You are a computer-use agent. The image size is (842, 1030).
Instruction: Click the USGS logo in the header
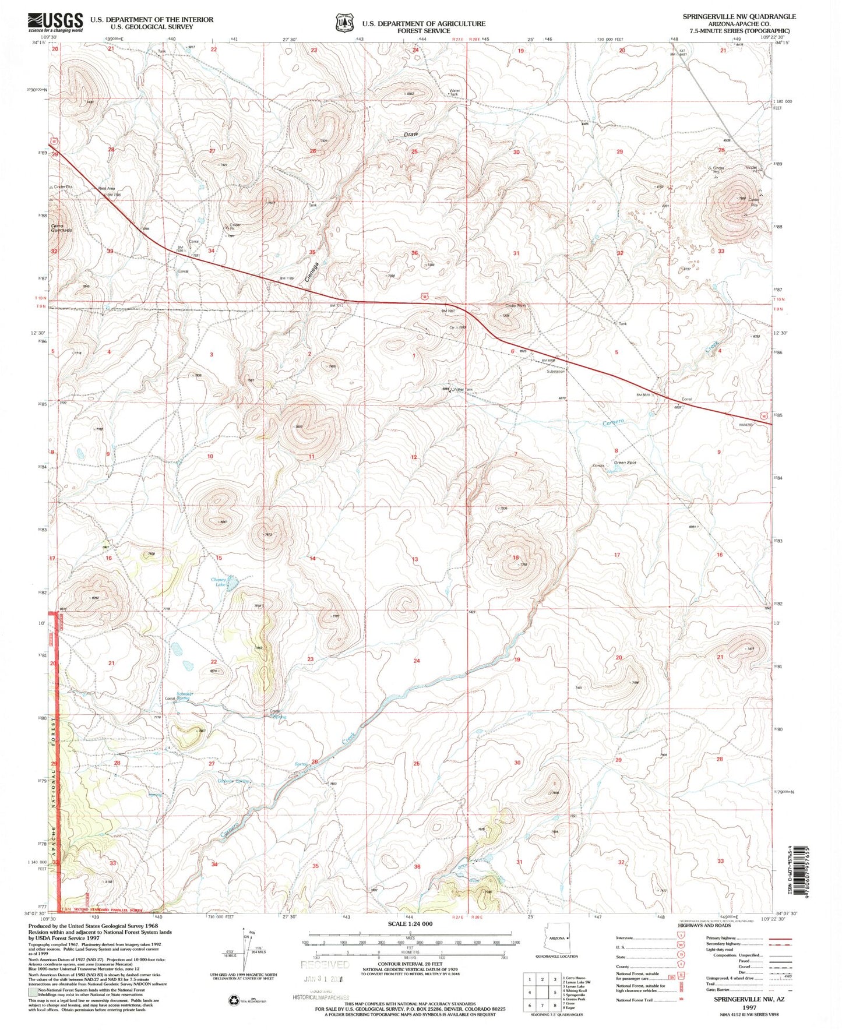(55, 22)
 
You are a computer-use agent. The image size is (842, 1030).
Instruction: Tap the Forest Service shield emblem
(344, 22)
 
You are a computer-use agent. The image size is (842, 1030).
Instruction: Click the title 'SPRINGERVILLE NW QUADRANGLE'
(739, 16)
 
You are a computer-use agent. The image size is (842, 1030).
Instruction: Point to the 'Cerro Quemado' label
(61, 228)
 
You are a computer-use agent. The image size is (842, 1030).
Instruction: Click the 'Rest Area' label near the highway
(106, 188)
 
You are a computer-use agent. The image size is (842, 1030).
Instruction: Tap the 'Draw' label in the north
(411, 135)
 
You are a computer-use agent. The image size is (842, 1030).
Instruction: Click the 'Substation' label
(555, 371)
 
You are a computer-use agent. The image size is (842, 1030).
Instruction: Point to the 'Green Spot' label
(625, 463)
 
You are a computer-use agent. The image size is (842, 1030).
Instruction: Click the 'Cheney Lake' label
(220, 581)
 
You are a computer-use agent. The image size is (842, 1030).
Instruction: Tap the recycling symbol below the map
(234, 1001)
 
